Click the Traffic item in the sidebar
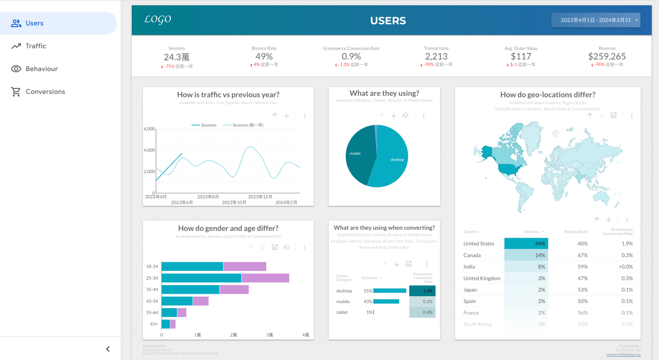pos(36,46)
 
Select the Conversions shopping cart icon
pos(16,92)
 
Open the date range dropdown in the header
pos(596,20)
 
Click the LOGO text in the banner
pos(158,20)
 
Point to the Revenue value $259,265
pos(607,57)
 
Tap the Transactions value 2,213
pos(436,57)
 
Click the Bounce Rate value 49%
pos(264,57)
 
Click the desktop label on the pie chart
pos(397,160)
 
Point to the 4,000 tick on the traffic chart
pos(149,150)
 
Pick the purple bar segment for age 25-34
pos(265,278)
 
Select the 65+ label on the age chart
pos(154,324)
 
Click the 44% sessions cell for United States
pos(526,244)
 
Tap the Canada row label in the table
pos(472,255)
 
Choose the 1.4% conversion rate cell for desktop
pos(422,291)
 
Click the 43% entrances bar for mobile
pos(386,301)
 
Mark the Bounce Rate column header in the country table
pos(576,232)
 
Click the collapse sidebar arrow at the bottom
pos(108,349)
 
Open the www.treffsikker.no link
pos(623,355)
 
